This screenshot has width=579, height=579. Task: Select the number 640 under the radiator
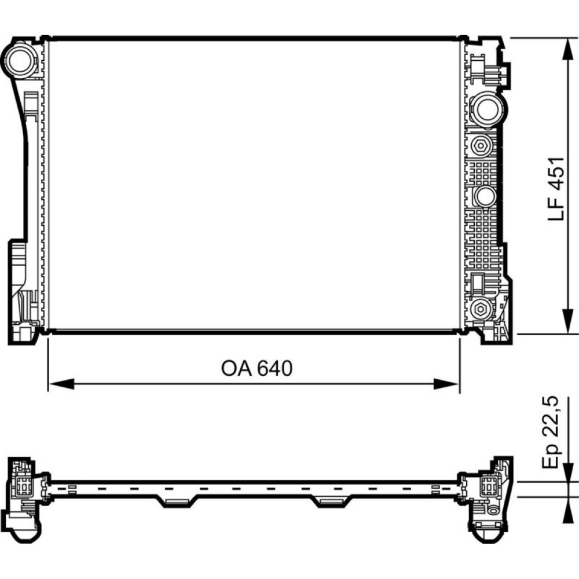point(274,368)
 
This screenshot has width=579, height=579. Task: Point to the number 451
point(556,173)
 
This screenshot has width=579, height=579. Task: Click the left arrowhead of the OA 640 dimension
point(61,384)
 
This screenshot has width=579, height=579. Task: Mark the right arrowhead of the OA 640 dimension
point(446,384)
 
